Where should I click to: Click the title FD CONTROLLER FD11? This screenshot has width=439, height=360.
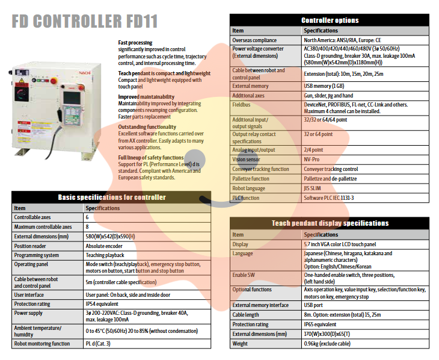pos(85,22)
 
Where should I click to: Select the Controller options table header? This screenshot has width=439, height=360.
pos(330,20)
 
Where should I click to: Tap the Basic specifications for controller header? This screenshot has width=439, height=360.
pos(111,197)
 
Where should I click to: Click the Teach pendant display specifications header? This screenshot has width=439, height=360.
pos(330,223)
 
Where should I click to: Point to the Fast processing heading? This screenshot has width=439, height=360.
pos(135,43)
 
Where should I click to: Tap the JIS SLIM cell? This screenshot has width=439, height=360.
pos(316,188)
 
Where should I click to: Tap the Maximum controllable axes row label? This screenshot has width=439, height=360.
pos(43,227)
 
